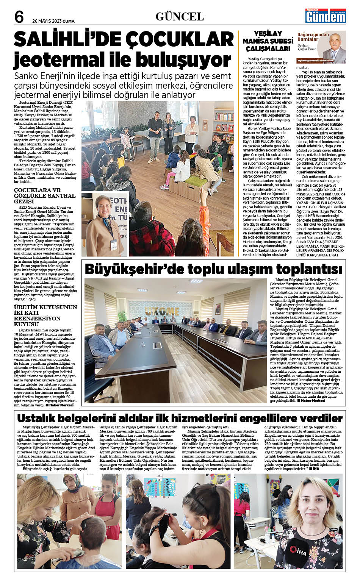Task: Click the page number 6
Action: [19, 17]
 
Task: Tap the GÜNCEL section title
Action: [180, 17]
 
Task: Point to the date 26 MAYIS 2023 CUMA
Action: [53, 21]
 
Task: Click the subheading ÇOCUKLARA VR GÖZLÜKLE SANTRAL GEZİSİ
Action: [45, 195]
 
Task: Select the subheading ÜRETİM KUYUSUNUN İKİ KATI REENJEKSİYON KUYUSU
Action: [45, 315]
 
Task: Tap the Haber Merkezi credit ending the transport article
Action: [311, 400]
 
